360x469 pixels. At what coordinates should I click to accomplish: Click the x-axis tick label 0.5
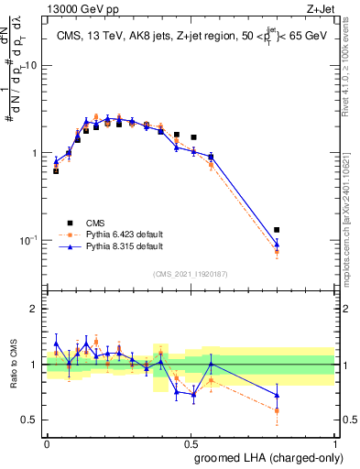click(x=191, y=443)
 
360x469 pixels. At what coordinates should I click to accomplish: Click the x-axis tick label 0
click(x=48, y=443)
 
